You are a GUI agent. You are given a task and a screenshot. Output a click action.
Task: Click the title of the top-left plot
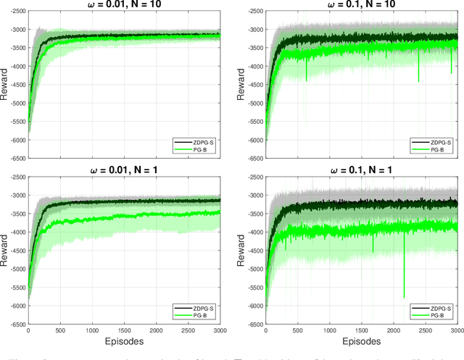[123, 4]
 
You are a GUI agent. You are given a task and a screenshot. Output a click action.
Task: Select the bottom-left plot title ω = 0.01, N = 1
[123, 170]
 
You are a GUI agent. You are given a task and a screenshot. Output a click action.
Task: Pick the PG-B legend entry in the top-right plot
[437, 149]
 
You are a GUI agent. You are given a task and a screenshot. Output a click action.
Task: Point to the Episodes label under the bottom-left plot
[123, 340]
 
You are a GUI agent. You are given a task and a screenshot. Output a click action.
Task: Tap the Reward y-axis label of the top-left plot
[5, 85]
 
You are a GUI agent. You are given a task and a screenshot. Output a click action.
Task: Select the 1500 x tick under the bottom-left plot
[123, 330]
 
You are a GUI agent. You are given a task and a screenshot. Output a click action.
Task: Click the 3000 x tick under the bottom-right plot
[455, 330]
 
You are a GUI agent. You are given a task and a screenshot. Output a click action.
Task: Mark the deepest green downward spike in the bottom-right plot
[404, 296]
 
